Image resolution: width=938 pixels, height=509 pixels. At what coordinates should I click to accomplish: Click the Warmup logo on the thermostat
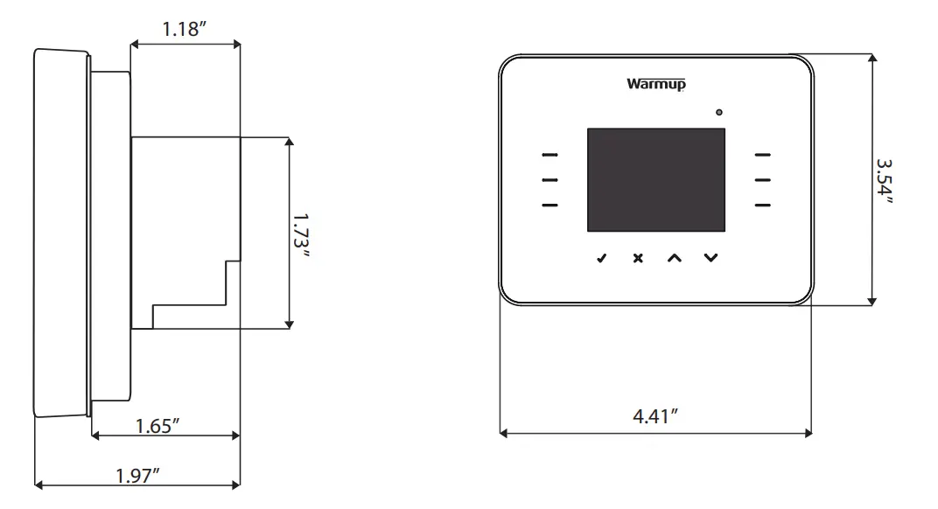[655, 85]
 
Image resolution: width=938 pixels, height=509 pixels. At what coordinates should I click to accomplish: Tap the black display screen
[655, 180]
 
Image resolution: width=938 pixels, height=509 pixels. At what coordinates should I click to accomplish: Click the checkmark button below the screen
[600, 258]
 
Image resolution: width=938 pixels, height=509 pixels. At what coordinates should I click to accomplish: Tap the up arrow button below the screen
[673, 258]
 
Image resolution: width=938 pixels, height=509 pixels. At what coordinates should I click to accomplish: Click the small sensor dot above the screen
[719, 113]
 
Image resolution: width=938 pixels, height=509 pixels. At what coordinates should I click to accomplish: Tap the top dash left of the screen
[549, 156]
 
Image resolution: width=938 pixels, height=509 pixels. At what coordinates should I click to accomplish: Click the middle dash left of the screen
[549, 180]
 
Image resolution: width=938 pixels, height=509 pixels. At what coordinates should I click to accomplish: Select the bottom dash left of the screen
[549, 206]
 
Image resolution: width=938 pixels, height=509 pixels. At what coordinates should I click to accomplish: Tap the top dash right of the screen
[763, 156]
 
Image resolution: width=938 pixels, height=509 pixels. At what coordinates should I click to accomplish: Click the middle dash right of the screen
[763, 180]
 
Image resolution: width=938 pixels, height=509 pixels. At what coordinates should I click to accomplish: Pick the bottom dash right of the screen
[763, 206]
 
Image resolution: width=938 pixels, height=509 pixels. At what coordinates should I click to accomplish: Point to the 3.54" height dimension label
[885, 181]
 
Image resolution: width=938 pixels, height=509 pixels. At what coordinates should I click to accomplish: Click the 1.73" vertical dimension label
[302, 234]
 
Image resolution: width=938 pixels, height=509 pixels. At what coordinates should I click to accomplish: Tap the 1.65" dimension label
[159, 426]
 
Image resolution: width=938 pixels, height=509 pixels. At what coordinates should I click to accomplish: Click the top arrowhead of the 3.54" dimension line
[871, 59]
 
